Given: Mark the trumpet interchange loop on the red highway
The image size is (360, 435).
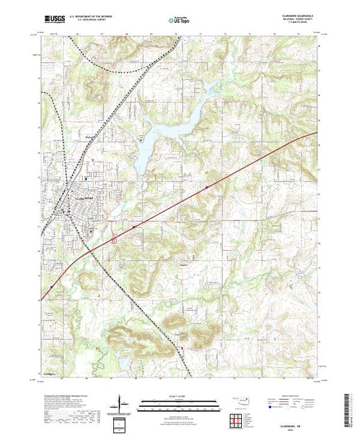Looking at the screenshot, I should click(x=113, y=237).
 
